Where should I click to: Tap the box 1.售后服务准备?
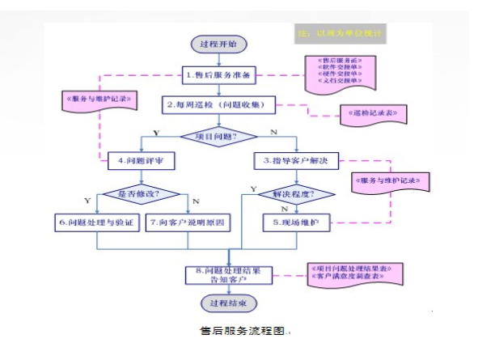coord(219,75)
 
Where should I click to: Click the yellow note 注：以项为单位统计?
coord(340,35)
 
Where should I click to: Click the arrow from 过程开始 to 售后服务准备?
coord(219,59)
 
